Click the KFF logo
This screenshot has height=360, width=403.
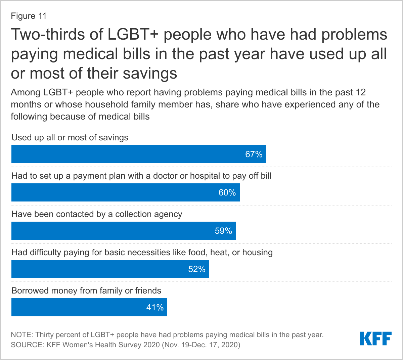(375, 339)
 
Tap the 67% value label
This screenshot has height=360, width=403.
(254, 154)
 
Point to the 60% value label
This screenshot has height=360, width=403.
(227, 192)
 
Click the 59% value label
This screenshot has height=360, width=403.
(223, 231)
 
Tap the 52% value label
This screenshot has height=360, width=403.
(197, 269)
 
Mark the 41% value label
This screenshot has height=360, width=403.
(155, 307)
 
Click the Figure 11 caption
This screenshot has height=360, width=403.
(29, 16)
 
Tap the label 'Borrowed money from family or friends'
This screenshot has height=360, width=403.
(86, 290)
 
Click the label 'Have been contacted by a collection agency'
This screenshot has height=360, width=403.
(97, 214)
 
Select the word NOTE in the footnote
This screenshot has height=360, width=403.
(21, 335)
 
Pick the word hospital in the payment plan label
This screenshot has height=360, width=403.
(206, 176)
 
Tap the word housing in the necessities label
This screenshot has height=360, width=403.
(257, 252)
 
